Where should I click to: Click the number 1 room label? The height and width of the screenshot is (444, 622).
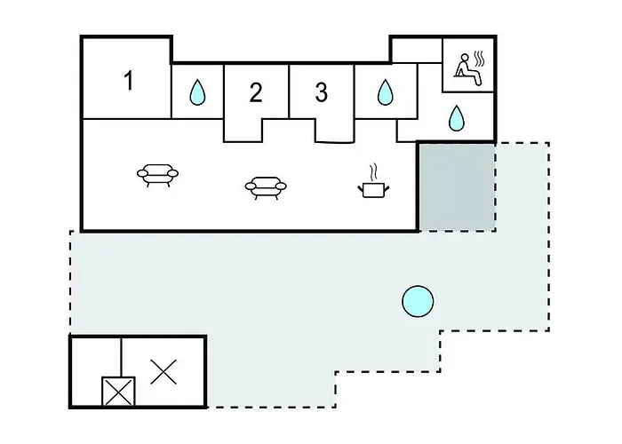pos(129,81)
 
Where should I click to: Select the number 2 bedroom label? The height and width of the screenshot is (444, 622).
pos(256,92)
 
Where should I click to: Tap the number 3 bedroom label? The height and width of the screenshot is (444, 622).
pos(322,92)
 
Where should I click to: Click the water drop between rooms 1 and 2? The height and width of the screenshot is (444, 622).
pos(197,92)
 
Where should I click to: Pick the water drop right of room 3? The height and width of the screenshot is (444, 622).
pos(385,92)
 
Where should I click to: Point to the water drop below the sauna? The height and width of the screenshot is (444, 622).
pos(456,118)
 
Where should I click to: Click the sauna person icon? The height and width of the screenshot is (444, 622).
pos(466,69)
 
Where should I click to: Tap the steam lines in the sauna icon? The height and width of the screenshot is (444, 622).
pos(479,59)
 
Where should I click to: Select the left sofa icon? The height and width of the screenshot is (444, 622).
pos(157,175)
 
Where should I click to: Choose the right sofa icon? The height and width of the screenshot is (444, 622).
pos(266,187)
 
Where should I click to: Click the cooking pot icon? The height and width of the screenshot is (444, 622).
pos(373,189)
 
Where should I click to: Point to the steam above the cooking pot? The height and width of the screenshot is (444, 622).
pos(373,172)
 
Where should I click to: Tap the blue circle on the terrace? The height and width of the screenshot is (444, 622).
pos(418,301)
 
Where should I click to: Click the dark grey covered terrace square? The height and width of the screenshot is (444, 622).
pos(457,187)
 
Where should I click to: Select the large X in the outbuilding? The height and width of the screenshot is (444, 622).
pos(163,372)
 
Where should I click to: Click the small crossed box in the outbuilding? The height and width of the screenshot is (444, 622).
pos(118,392)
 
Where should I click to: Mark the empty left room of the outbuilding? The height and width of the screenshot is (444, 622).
pos(96,357)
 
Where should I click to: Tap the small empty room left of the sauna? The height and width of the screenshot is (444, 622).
pos(417,50)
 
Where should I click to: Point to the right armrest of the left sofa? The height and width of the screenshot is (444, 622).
pos(172,173)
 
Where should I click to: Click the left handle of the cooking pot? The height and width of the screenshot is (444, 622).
pos(361,188)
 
